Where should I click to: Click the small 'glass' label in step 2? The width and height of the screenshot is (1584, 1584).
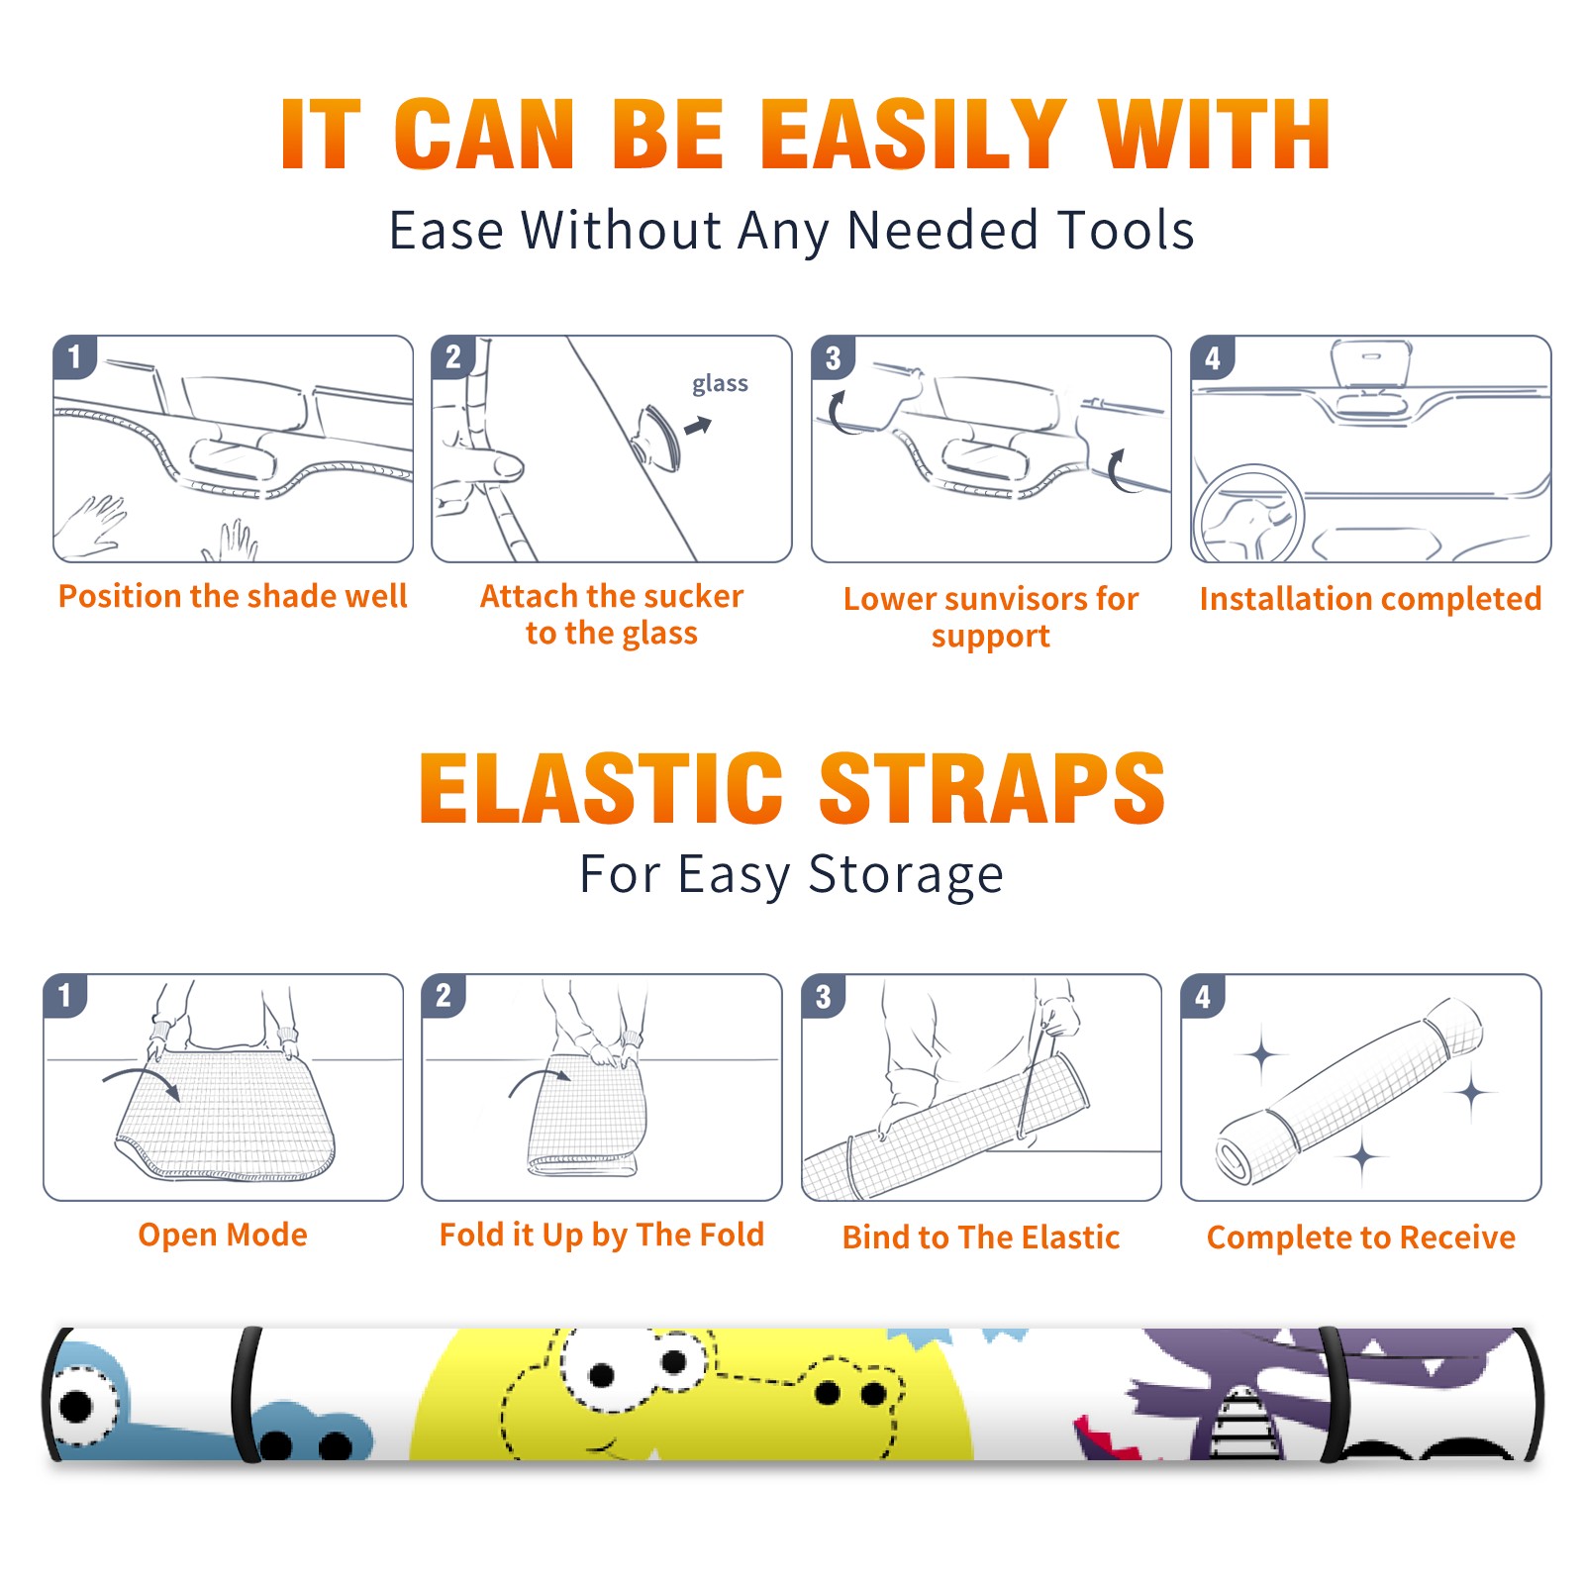720,384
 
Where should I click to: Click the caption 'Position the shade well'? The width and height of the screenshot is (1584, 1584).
233,596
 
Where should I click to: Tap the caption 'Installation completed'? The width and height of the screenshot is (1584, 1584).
1370,598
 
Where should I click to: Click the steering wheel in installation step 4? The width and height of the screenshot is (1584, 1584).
1249,515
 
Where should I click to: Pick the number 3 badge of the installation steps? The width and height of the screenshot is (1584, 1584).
833,357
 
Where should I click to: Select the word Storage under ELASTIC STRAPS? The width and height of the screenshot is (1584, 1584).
906,875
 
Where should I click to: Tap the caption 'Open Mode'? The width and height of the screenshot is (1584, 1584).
223,1235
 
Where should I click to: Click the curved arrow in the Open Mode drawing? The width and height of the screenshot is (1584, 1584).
144,1074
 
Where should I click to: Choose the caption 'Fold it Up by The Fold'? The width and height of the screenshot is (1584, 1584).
602,1235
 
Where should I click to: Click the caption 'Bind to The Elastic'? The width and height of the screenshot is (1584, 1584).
981,1237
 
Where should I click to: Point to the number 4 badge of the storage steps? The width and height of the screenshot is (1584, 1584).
1202,996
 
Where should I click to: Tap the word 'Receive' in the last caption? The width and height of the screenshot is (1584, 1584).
1457,1237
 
